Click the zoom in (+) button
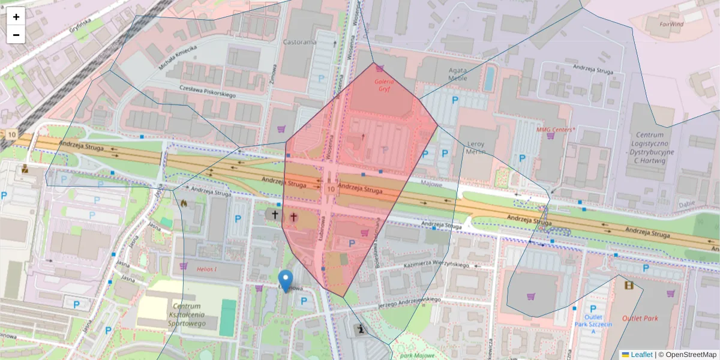click(16, 17)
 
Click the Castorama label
click(299, 43)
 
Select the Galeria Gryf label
click(384, 85)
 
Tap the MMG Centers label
click(556, 129)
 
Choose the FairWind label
click(671, 25)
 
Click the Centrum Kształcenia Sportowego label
click(187, 315)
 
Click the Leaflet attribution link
click(641, 355)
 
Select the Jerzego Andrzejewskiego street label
click(410, 303)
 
